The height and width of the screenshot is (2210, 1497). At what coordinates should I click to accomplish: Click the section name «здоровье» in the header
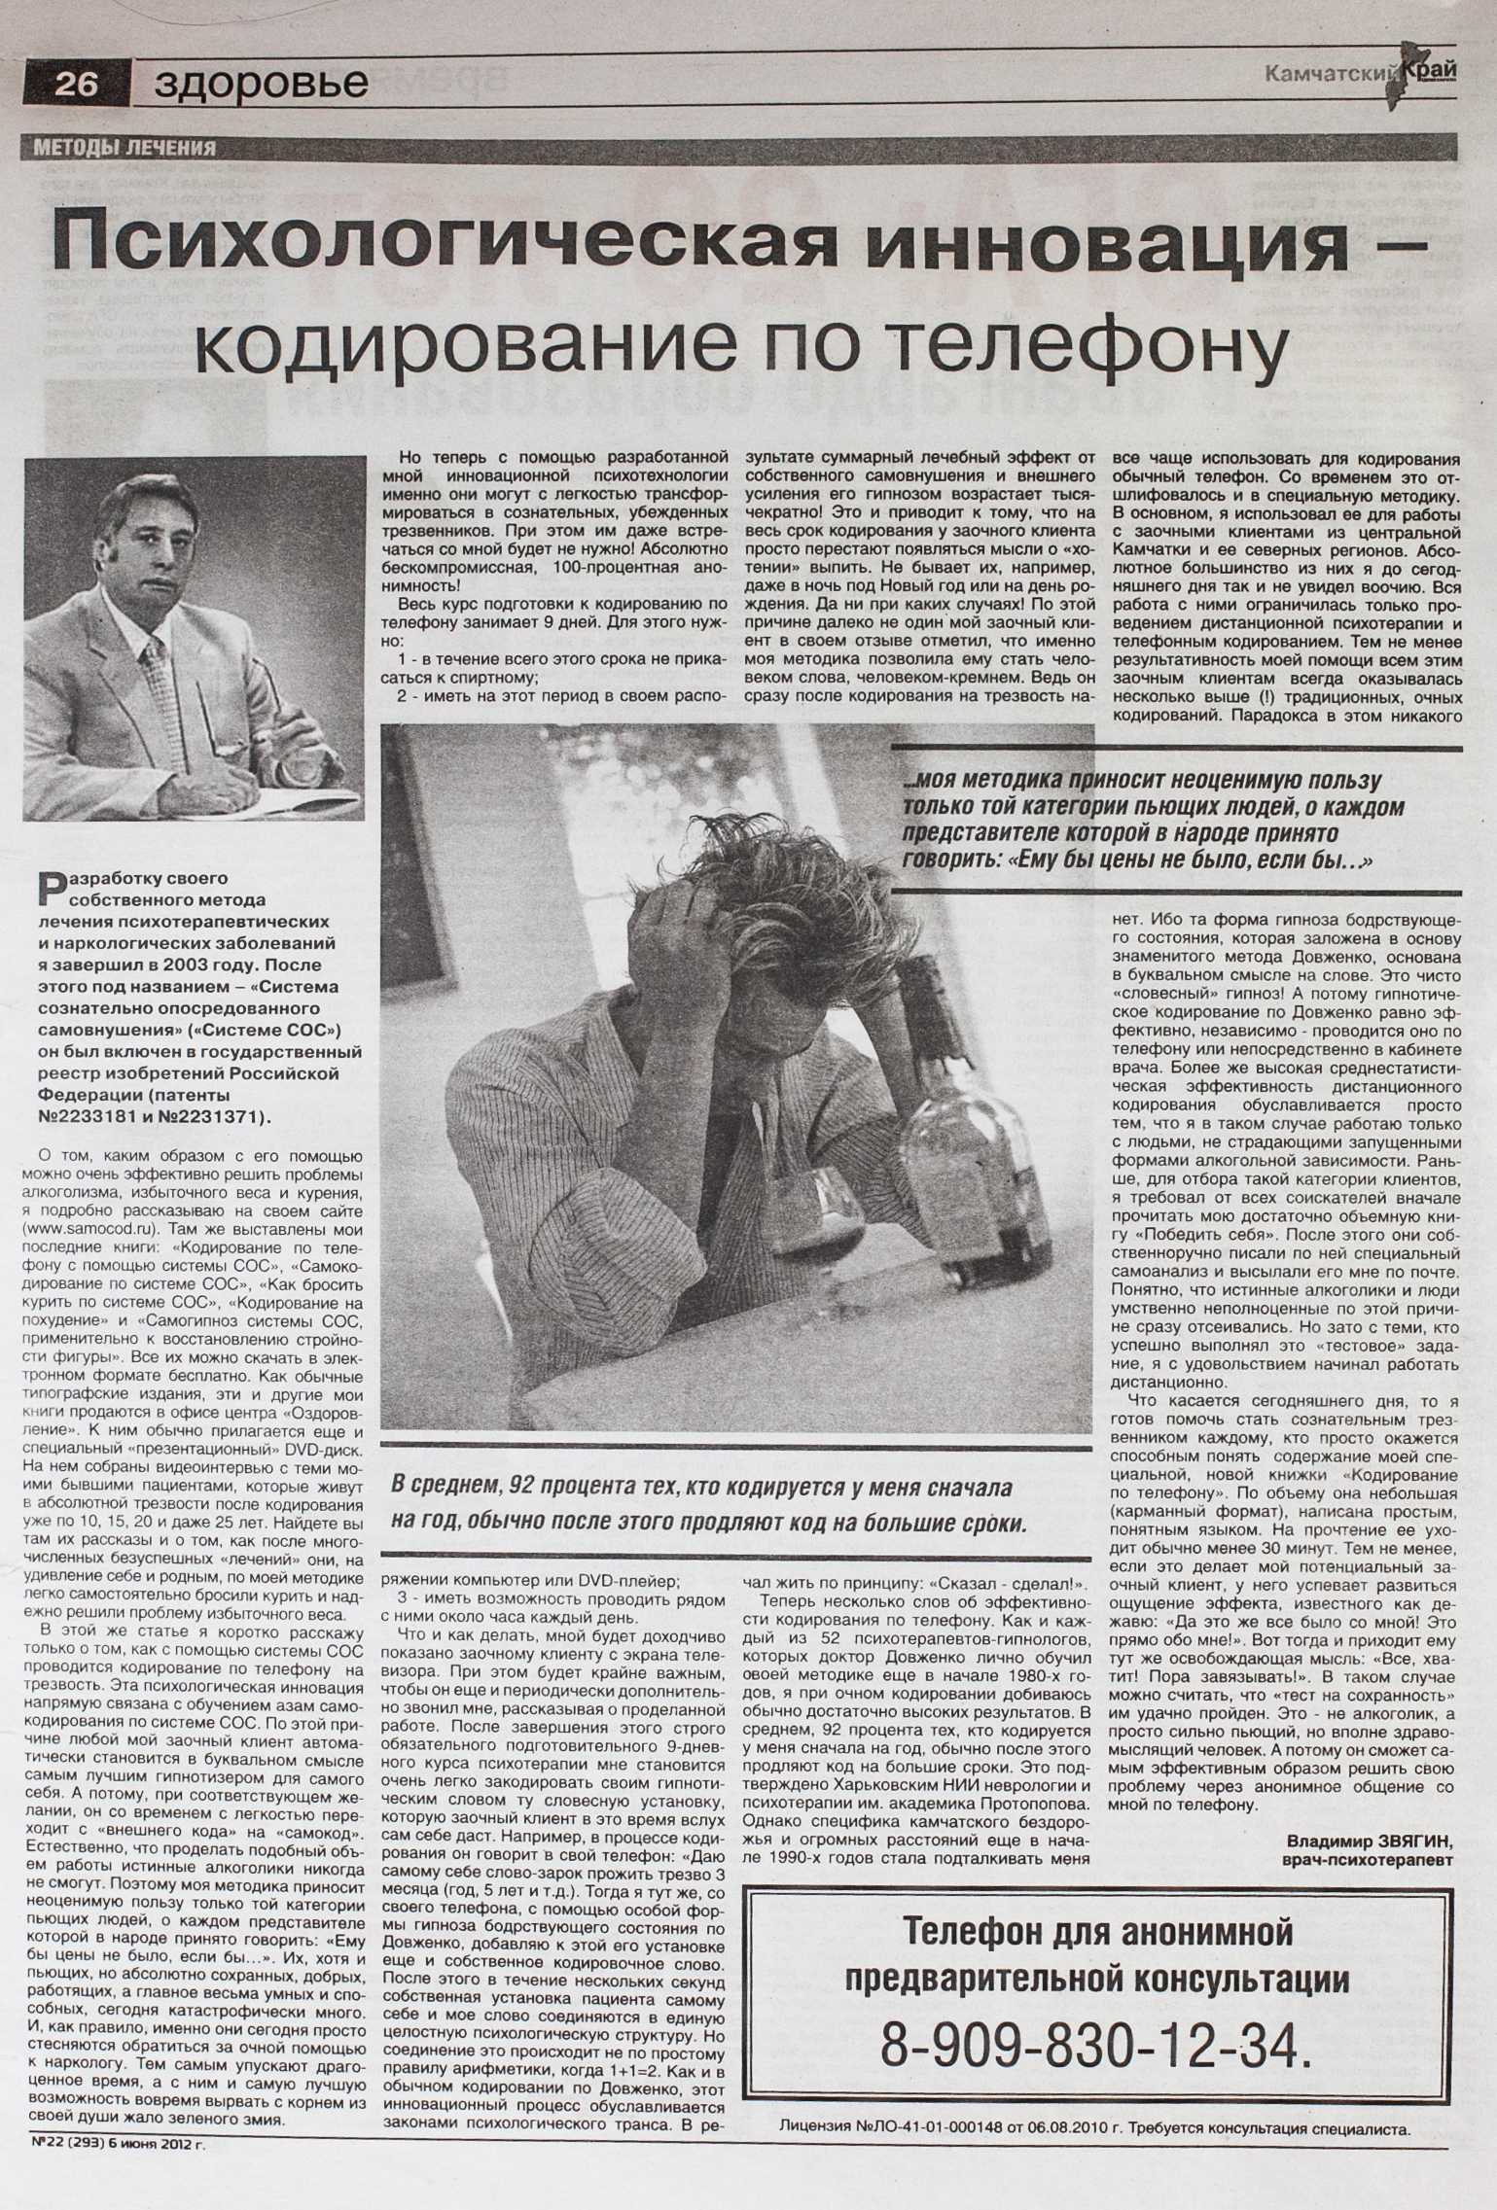pyautogui.click(x=261, y=85)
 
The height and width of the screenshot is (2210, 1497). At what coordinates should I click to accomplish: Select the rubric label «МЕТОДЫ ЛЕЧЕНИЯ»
pyautogui.click(x=125, y=148)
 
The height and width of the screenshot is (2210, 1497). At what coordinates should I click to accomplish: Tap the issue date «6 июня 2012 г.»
pyautogui.click(x=156, y=2140)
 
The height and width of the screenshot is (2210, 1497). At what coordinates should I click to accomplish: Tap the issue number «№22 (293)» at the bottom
pyautogui.click(x=62, y=2140)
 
